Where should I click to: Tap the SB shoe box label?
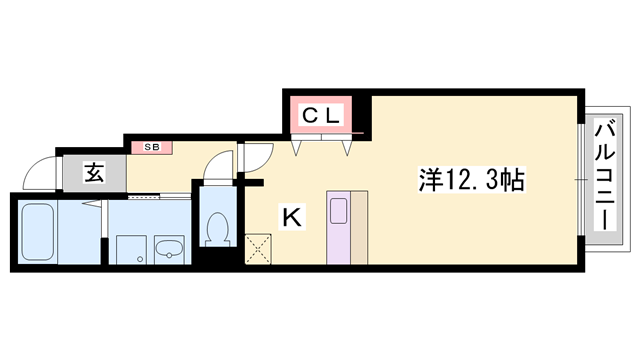pos(152,148)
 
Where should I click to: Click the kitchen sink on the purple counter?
pos(338,212)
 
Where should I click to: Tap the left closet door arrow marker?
pos(297,148)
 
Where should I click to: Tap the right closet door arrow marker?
pos(348,148)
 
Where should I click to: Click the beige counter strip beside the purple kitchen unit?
pos(358,225)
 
